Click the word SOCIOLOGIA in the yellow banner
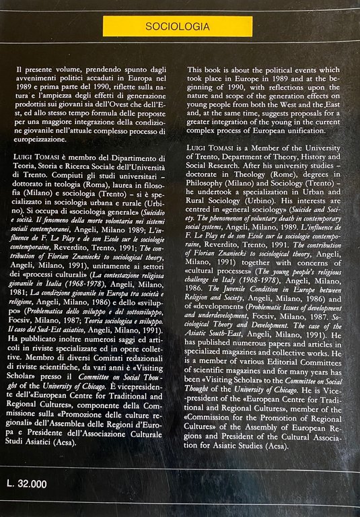[180, 27]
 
